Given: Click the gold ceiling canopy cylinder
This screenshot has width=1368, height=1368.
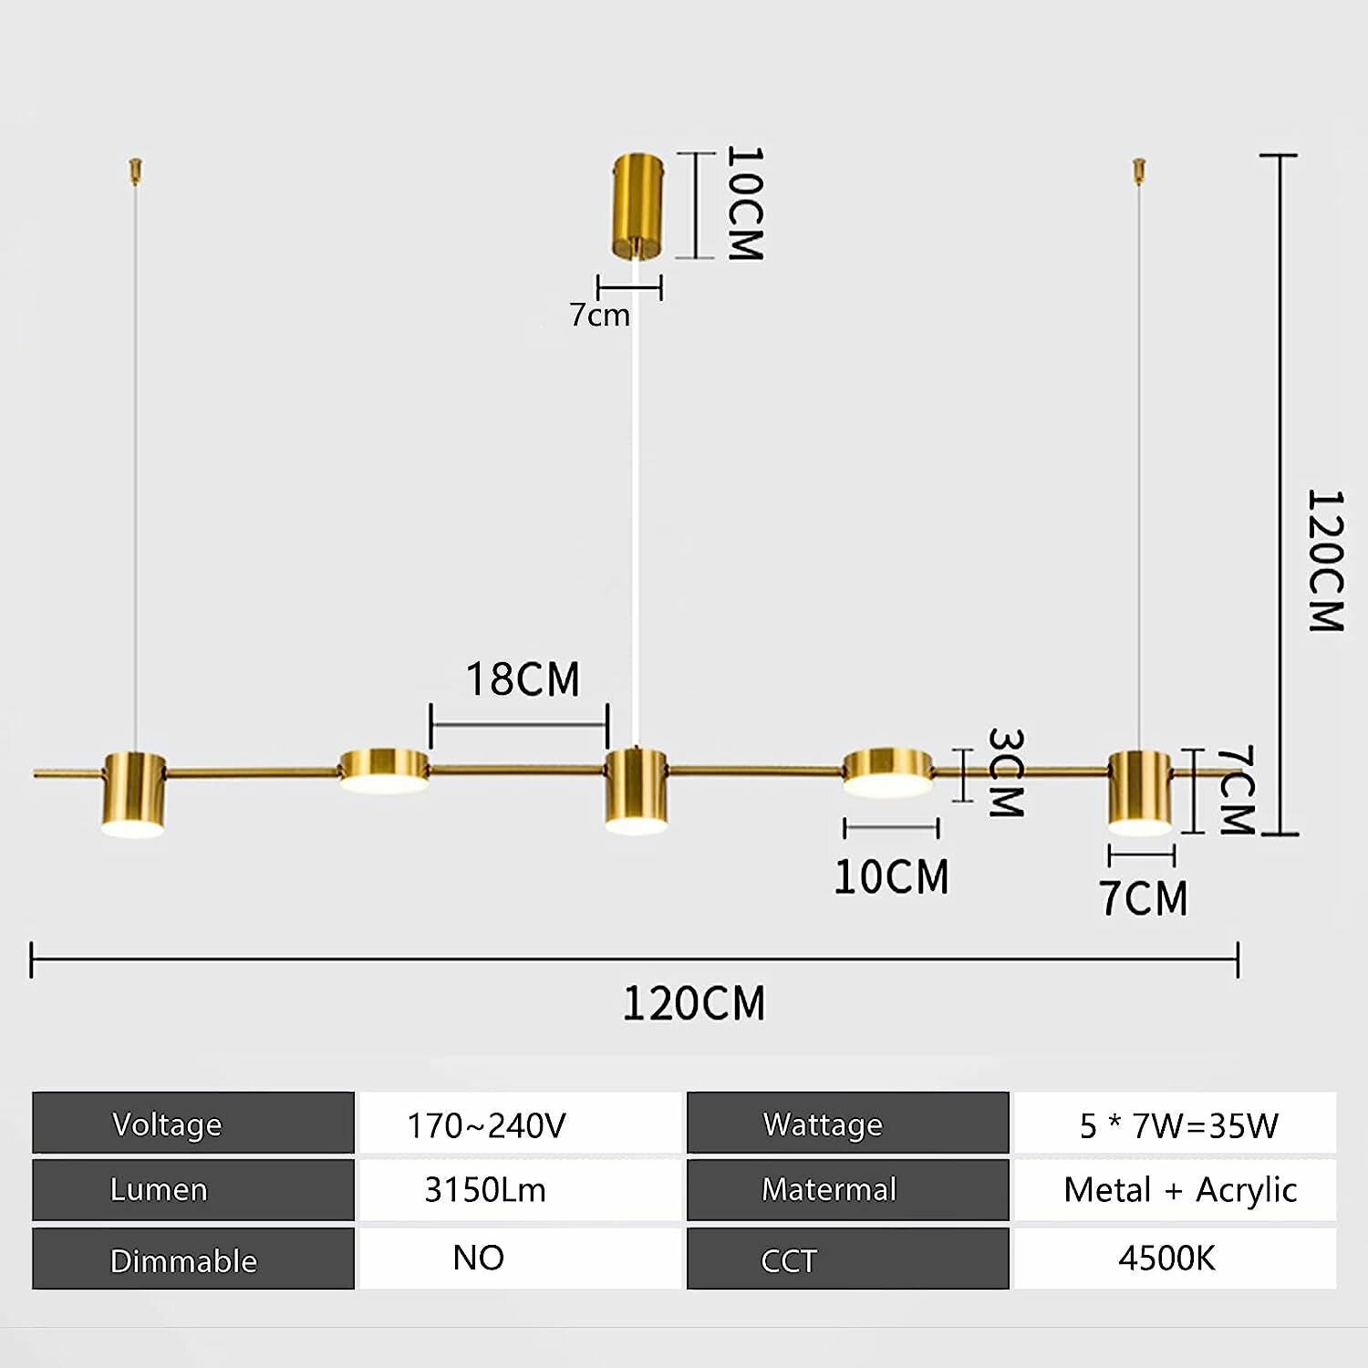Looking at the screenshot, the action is click(x=637, y=207).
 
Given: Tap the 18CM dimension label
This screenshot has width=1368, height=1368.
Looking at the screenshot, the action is click(x=523, y=679).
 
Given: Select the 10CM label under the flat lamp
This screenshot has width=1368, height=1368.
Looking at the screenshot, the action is click(x=891, y=876).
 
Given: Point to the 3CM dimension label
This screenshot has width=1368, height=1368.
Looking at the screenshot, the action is click(x=1006, y=772).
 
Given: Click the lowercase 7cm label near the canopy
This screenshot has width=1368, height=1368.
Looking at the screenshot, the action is click(x=599, y=315).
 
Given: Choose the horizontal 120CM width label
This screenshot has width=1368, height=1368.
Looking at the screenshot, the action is click(x=694, y=1003).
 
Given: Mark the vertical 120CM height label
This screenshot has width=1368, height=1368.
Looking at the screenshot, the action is click(x=1325, y=561).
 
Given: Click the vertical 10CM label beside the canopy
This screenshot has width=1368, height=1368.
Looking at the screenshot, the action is click(x=744, y=204).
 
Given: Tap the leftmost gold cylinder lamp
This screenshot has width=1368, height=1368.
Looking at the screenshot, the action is click(x=133, y=794).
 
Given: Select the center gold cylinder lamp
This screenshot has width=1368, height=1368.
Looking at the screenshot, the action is click(x=636, y=791).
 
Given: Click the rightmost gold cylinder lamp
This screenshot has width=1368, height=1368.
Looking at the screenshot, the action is click(x=1140, y=793).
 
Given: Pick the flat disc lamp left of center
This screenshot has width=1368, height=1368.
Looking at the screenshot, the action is click(x=384, y=771).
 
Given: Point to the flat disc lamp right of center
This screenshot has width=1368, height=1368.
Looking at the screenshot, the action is click(x=887, y=772).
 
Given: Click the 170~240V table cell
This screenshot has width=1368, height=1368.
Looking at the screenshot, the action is click(x=520, y=1123).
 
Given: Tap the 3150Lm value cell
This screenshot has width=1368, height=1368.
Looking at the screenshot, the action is click(x=520, y=1190).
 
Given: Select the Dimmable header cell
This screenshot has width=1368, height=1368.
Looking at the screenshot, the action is click(x=193, y=1259).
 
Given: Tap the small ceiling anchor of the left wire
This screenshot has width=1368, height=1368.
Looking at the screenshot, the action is click(x=136, y=170).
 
